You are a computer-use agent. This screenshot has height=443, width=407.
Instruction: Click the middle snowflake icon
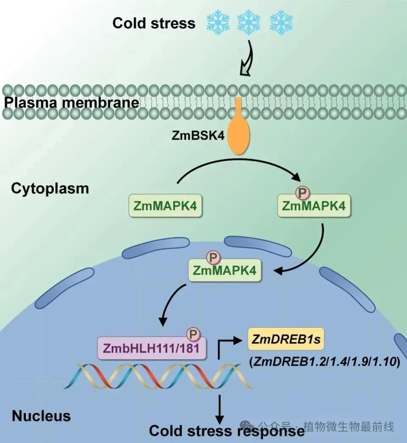coord(248,22)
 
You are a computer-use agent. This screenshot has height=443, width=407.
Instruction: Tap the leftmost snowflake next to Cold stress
coord(218,22)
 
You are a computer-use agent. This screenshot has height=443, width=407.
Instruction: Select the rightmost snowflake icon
coord(281,22)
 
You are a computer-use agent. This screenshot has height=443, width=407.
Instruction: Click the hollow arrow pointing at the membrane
coord(247,58)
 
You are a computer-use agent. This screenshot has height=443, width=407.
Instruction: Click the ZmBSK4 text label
coord(198,136)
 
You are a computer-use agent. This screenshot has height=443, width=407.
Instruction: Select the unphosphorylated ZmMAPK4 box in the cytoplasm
coord(165,205)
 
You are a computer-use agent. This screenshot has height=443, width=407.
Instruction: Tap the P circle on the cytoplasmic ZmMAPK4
coord(302,193)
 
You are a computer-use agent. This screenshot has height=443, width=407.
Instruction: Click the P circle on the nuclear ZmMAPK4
coord(214,257)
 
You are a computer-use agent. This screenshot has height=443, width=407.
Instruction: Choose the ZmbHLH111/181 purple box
coord(152,348)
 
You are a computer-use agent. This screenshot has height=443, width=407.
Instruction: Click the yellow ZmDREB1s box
coord(286,339)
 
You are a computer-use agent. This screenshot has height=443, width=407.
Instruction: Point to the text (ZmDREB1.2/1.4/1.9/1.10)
coord(325,362)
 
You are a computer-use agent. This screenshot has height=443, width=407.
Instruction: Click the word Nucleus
coord(41,416)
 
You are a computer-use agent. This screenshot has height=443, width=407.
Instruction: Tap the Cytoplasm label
coord(50,188)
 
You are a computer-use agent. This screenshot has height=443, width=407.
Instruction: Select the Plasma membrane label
coord(72,102)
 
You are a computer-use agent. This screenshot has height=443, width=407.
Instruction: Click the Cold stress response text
coord(227,431)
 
